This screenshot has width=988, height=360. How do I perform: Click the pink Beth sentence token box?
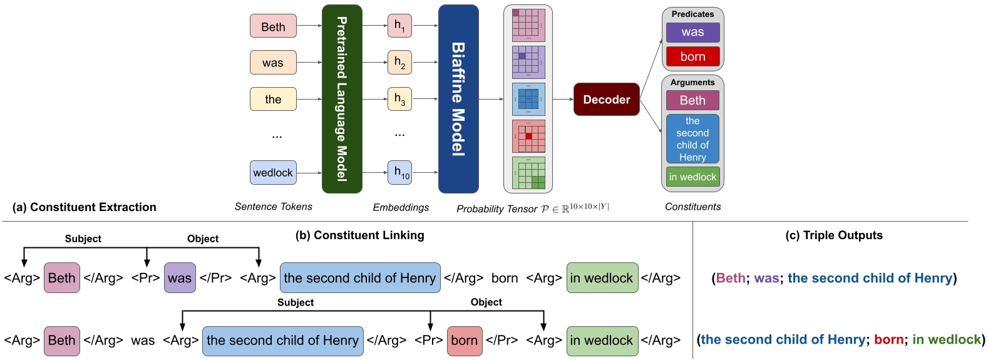point(273,26)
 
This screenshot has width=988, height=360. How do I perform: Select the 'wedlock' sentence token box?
point(273,173)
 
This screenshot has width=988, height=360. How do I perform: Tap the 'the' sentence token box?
point(273,99)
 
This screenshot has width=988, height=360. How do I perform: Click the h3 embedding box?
point(399,99)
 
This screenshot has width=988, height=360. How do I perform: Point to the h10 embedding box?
point(399,172)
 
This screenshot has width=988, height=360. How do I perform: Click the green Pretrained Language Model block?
point(342,99)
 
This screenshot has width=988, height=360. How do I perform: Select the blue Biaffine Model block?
point(458,99)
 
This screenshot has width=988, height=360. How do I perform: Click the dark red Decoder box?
point(606,100)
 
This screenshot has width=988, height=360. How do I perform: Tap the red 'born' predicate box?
point(692,56)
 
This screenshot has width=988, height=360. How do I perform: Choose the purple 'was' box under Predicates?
point(692,32)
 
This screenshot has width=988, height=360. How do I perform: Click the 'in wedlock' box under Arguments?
point(692,177)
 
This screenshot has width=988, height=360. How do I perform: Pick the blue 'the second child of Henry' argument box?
point(692,139)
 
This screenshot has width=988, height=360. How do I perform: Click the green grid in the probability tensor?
point(528,173)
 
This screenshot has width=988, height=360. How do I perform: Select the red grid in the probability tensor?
point(528,136)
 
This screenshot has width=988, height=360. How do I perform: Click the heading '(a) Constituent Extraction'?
point(84,207)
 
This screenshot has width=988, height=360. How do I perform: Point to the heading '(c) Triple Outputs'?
point(833,235)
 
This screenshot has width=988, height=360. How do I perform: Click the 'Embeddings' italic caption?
point(401,207)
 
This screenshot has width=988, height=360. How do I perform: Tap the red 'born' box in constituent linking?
point(464,341)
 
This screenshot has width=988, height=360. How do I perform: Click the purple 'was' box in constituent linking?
point(180,278)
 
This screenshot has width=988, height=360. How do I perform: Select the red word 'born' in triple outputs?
point(888,339)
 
